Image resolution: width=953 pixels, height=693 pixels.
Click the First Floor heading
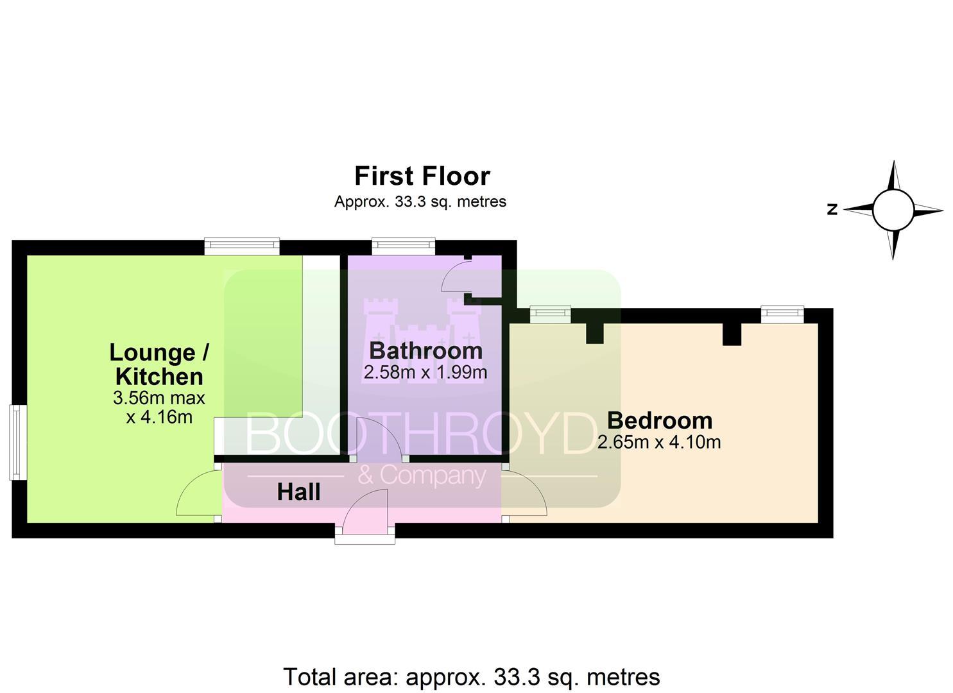[422, 176]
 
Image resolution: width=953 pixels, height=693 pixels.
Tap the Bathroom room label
[426, 350]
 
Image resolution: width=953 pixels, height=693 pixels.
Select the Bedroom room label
[660, 420]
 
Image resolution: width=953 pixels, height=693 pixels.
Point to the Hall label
[298, 492]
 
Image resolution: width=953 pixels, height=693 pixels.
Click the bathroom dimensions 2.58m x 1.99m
[425, 373]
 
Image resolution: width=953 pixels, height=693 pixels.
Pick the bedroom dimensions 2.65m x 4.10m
[659, 443]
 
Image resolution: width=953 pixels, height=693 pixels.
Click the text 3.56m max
[159, 398]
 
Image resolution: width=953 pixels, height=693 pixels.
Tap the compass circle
[893, 210]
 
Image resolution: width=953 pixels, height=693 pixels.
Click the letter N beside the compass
[832, 209]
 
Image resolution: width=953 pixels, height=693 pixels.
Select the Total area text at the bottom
[472, 677]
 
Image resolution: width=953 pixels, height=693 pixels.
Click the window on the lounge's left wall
[18, 443]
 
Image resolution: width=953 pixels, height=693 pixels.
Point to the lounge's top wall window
[242, 246]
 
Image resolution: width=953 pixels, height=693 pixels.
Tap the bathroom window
[403, 246]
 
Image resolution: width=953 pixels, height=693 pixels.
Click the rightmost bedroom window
[782, 314]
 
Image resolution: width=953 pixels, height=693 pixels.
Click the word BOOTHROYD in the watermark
[422, 434]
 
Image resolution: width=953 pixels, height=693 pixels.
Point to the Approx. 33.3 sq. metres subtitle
[420, 201]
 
